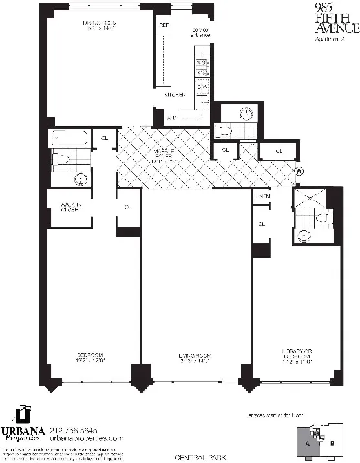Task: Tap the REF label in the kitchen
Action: pyautogui.click(x=164, y=26)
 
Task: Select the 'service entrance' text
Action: pyautogui.click(x=200, y=32)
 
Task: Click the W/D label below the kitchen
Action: pyautogui.click(x=172, y=118)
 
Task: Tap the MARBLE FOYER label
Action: pyautogui.click(x=166, y=155)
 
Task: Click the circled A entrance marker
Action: pyautogui.click(x=299, y=171)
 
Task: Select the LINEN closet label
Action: pyautogui.click(x=262, y=196)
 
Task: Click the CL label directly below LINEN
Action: pyautogui.click(x=262, y=224)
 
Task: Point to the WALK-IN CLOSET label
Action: pyautogui.click(x=70, y=207)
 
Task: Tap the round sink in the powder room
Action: pyautogui.click(x=246, y=114)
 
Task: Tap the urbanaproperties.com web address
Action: pyautogui.click(x=89, y=438)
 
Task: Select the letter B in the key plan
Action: pyautogui.click(x=333, y=443)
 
